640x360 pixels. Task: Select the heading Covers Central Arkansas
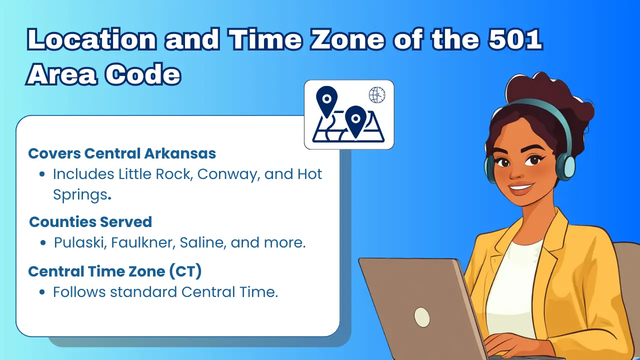[x=122, y=153]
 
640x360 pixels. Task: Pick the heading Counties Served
[x=90, y=221]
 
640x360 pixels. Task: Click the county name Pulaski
[x=79, y=243]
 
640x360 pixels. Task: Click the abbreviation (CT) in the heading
[x=185, y=271]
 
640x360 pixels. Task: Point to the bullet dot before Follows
[x=43, y=292]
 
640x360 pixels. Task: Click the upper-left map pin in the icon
[x=327, y=100]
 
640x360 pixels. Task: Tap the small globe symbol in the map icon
[x=377, y=94]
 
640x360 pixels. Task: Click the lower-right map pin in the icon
[x=355, y=120]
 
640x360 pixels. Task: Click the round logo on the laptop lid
[x=422, y=316]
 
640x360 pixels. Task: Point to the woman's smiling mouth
[x=521, y=189]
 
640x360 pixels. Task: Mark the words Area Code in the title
[x=104, y=74]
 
